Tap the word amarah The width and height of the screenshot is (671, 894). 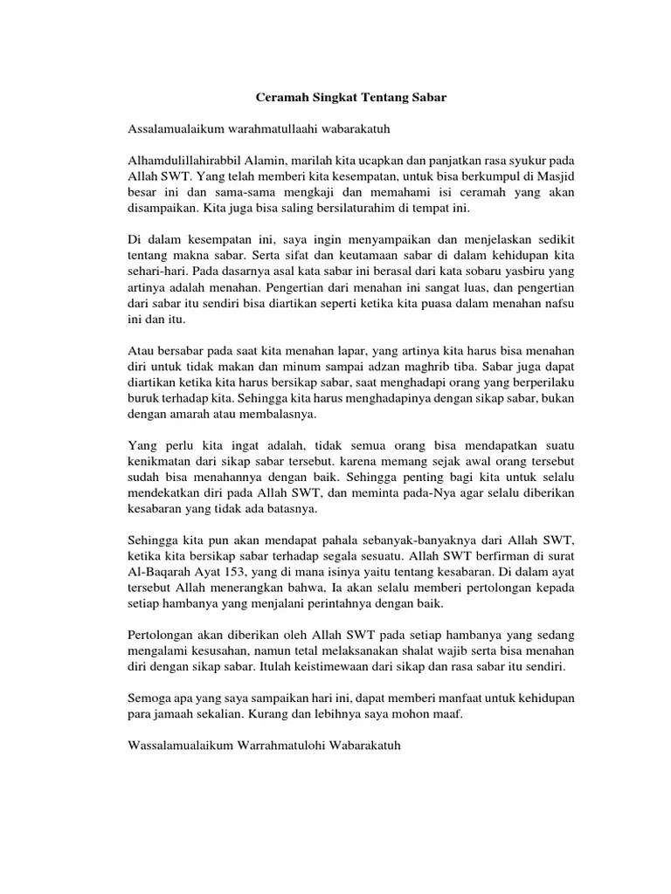pyautogui.click(x=188, y=416)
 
